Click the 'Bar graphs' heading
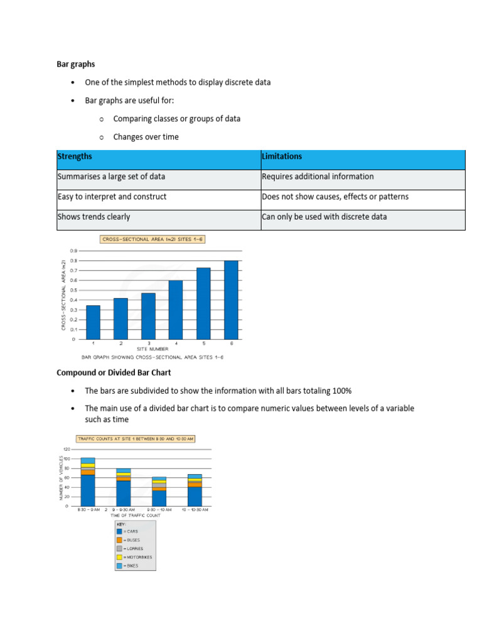click(x=76, y=63)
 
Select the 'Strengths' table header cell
click(x=75, y=156)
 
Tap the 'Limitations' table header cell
click(x=282, y=156)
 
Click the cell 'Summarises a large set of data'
click(x=111, y=176)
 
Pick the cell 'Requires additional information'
click(x=318, y=176)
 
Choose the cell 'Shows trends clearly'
click(x=94, y=217)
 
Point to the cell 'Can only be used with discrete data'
click(x=324, y=217)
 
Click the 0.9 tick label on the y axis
click(x=73, y=251)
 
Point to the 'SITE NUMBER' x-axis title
click(x=153, y=349)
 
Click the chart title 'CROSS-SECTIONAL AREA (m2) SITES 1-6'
click(x=153, y=239)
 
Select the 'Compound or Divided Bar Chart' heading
click(x=114, y=373)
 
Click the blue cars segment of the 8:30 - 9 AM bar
click(x=88, y=490)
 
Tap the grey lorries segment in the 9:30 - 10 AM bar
click(x=159, y=486)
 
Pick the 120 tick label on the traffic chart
click(x=66, y=450)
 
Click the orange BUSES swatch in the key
click(x=119, y=540)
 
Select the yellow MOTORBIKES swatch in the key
click(x=119, y=557)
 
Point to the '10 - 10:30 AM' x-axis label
click(x=195, y=510)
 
